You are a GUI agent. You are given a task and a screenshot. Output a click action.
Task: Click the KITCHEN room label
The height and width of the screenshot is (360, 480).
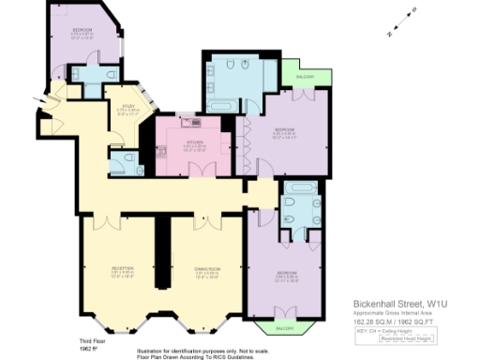(195, 143)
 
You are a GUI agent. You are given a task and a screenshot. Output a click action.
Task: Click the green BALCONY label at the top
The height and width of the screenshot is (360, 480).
(305, 76)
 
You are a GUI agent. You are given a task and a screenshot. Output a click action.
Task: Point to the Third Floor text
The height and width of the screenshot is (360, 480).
(88, 340)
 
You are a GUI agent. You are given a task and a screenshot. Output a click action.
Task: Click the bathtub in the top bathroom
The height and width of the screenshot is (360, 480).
(222, 107)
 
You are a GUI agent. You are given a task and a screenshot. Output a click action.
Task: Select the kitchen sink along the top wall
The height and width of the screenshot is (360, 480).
(195, 120)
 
